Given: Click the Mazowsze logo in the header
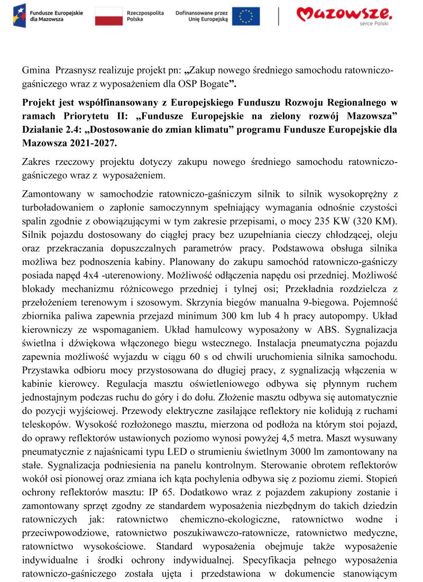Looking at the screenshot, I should pos(344,14).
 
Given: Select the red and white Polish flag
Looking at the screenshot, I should pos(109,16).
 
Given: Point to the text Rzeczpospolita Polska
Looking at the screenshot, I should pos(146,15).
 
